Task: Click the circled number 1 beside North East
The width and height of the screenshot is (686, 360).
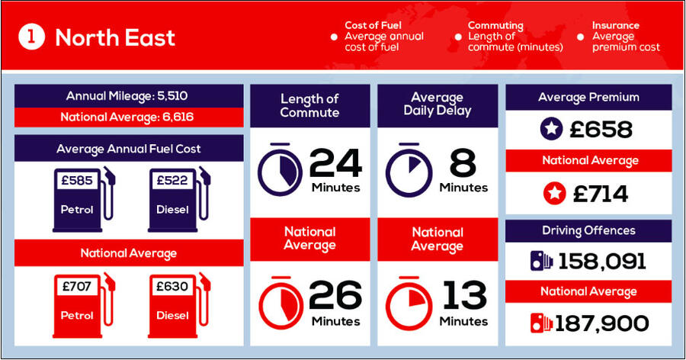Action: pos(31,37)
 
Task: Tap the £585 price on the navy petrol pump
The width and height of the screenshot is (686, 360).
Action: pos(77,180)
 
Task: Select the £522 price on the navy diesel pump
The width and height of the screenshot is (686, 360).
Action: pos(172,180)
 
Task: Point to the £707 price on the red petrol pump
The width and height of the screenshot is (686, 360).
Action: pos(77,287)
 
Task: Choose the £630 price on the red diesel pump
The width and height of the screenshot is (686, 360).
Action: pos(172,287)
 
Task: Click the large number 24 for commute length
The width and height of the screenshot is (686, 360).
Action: pos(335,163)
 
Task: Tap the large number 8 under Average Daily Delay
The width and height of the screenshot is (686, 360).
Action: pos(463,163)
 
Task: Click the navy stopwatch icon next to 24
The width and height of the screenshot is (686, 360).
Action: pos(280,169)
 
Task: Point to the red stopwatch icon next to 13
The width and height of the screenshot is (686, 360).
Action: pos(409,303)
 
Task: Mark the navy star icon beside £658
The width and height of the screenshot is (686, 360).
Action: pos(551,129)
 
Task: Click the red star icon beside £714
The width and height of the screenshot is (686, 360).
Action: pos(554,194)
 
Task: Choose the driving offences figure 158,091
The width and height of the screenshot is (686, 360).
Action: pos(602,262)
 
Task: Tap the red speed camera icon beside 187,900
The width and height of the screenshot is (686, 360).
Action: pos(541,323)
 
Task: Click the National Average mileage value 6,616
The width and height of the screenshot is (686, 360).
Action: pos(178,117)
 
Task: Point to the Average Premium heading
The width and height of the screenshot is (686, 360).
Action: pos(588,97)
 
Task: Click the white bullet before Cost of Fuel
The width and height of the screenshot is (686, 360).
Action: pos(334,37)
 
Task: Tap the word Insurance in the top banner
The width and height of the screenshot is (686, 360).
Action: pos(616,25)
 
